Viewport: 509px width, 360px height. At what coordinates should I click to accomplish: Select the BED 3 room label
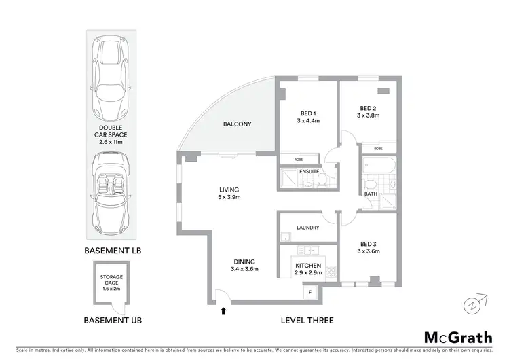tap(369, 247)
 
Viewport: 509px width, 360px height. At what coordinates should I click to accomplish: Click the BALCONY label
tap(238, 124)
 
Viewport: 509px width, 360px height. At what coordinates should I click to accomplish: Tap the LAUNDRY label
tap(307, 228)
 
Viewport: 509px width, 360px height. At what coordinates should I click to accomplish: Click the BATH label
tap(371, 194)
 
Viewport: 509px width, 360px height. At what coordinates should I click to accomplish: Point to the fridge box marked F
tap(311, 292)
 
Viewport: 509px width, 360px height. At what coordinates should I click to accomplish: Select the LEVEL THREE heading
tap(307, 320)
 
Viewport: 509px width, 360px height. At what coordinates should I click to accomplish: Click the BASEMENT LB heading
tap(112, 251)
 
